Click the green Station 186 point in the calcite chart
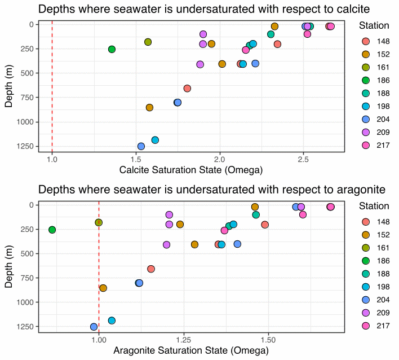[112, 50]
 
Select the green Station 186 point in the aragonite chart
[52, 230]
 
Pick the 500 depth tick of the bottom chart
[29, 253]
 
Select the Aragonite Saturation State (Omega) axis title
[191, 350]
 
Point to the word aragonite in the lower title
[345, 190]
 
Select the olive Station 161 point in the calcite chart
[148, 42]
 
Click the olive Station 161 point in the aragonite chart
[99, 222]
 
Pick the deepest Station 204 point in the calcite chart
[141, 146]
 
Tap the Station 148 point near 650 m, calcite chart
[187, 88]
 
